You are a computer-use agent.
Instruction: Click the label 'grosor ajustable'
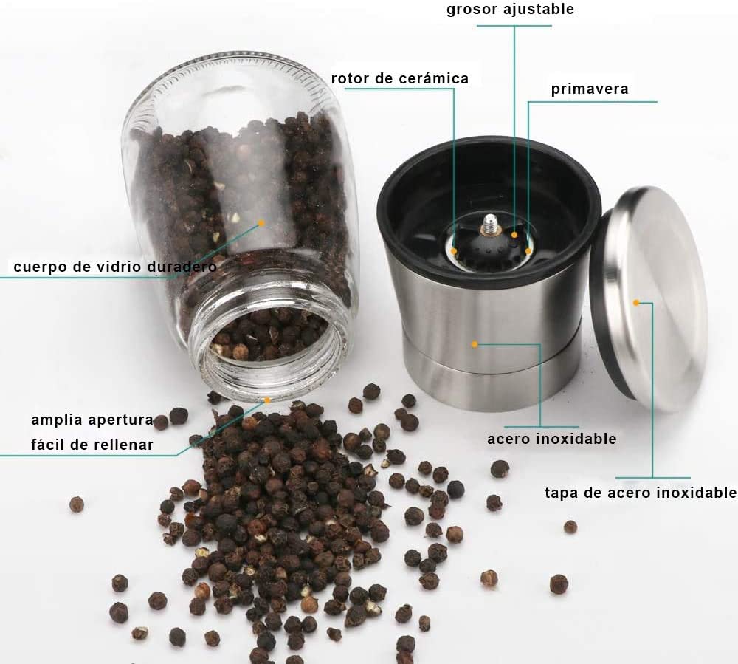[x=510, y=10]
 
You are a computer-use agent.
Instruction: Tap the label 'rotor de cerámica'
[x=400, y=78]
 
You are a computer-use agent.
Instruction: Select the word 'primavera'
[x=590, y=89]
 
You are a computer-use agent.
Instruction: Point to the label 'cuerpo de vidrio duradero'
[x=115, y=267]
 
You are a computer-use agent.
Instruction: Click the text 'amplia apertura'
[x=92, y=420]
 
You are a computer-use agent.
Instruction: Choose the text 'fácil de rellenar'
[x=92, y=445]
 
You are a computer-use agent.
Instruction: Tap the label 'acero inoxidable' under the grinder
[x=551, y=439]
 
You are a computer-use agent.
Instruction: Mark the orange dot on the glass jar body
[x=262, y=223]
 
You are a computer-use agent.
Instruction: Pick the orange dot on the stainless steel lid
[x=636, y=303]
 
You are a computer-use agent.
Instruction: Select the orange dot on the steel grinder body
[x=475, y=345]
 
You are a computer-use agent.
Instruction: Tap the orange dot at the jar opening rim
[x=267, y=400]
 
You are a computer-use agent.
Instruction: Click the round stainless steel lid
[x=649, y=299]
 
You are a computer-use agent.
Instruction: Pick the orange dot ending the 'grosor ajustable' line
[x=514, y=235]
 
